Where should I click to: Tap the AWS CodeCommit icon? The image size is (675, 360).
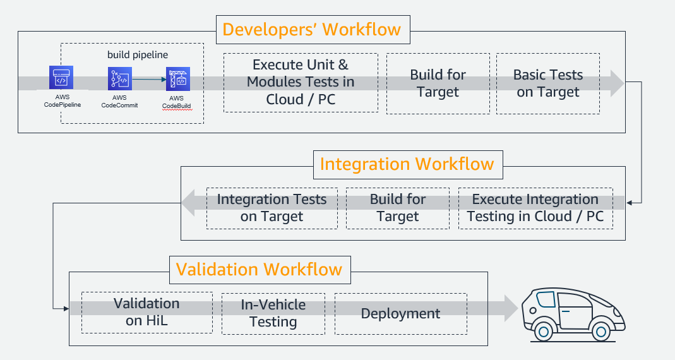(119, 80)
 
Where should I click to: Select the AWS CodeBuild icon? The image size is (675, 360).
(177, 80)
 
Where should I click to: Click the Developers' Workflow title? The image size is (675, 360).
(312, 30)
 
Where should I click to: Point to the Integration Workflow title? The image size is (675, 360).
(407, 164)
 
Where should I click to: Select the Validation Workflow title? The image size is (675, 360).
(259, 270)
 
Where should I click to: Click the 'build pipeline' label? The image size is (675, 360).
(138, 55)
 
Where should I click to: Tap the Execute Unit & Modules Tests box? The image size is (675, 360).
(301, 82)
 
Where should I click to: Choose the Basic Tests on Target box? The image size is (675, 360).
(547, 83)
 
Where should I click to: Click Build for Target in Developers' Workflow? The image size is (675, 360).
(438, 83)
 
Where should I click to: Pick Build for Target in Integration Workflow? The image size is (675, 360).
(398, 208)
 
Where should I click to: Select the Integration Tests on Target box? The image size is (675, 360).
(272, 208)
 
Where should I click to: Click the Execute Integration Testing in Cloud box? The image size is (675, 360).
(535, 208)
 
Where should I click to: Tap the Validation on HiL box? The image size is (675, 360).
(146, 312)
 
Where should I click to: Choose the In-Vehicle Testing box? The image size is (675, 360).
(273, 313)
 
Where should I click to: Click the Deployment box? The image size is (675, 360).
(400, 313)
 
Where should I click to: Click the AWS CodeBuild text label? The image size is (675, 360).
(176, 102)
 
